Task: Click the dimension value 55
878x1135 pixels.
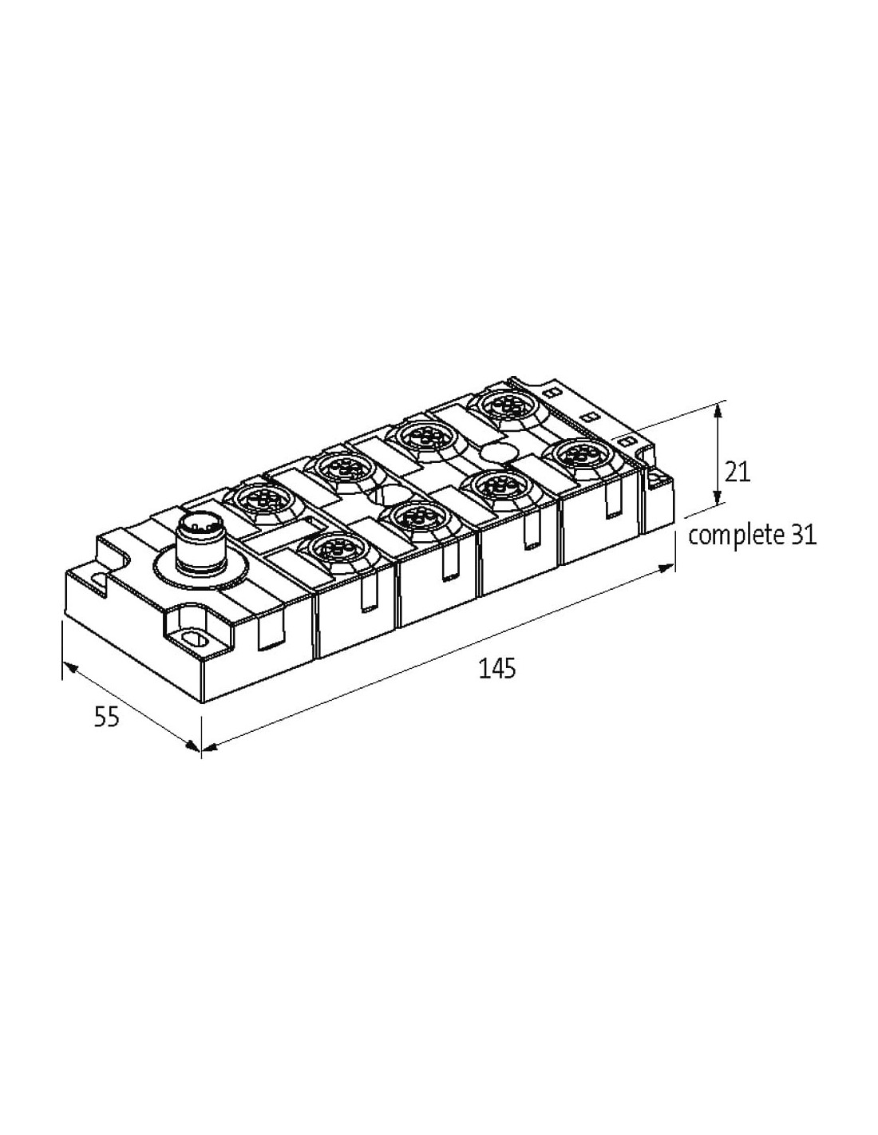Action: tap(107, 717)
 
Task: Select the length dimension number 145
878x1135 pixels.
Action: tap(496, 669)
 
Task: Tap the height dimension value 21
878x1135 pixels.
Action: tap(737, 473)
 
